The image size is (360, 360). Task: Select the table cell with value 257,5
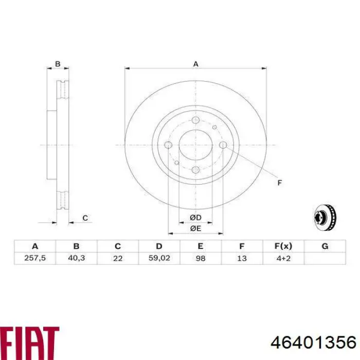pyautogui.click(x=35, y=258)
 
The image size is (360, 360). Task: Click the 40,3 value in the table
pyautogui.click(x=76, y=258)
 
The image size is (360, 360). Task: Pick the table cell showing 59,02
pyautogui.click(x=159, y=258)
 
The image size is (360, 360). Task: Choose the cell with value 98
pyautogui.click(x=201, y=258)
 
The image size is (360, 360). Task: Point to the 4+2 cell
pyautogui.click(x=283, y=258)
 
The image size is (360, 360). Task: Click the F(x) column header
pyautogui.click(x=283, y=246)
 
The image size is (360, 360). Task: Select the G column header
pyautogui.click(x=325, y=246)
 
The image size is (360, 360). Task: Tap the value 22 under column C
pyautogui.click(x=118, y=258)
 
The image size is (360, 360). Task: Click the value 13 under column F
pyautogui.click(x=242, y=258)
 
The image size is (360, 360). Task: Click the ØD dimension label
pyautogui.click(x=195, y=218)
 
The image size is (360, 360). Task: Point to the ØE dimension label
pyautogui.click(x=195, y=228)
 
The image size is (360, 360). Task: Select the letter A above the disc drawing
pyautogui.click(x=195, y=64)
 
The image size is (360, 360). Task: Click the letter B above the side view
pyautogui.click(x=58, y=64)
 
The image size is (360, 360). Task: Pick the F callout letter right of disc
pyautogui.click(x=280, y=183)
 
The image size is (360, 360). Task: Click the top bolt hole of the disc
pyautogui.click(x=195, y=120)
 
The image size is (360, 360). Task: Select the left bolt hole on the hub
pyautogui.click(x=168, y=146)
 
